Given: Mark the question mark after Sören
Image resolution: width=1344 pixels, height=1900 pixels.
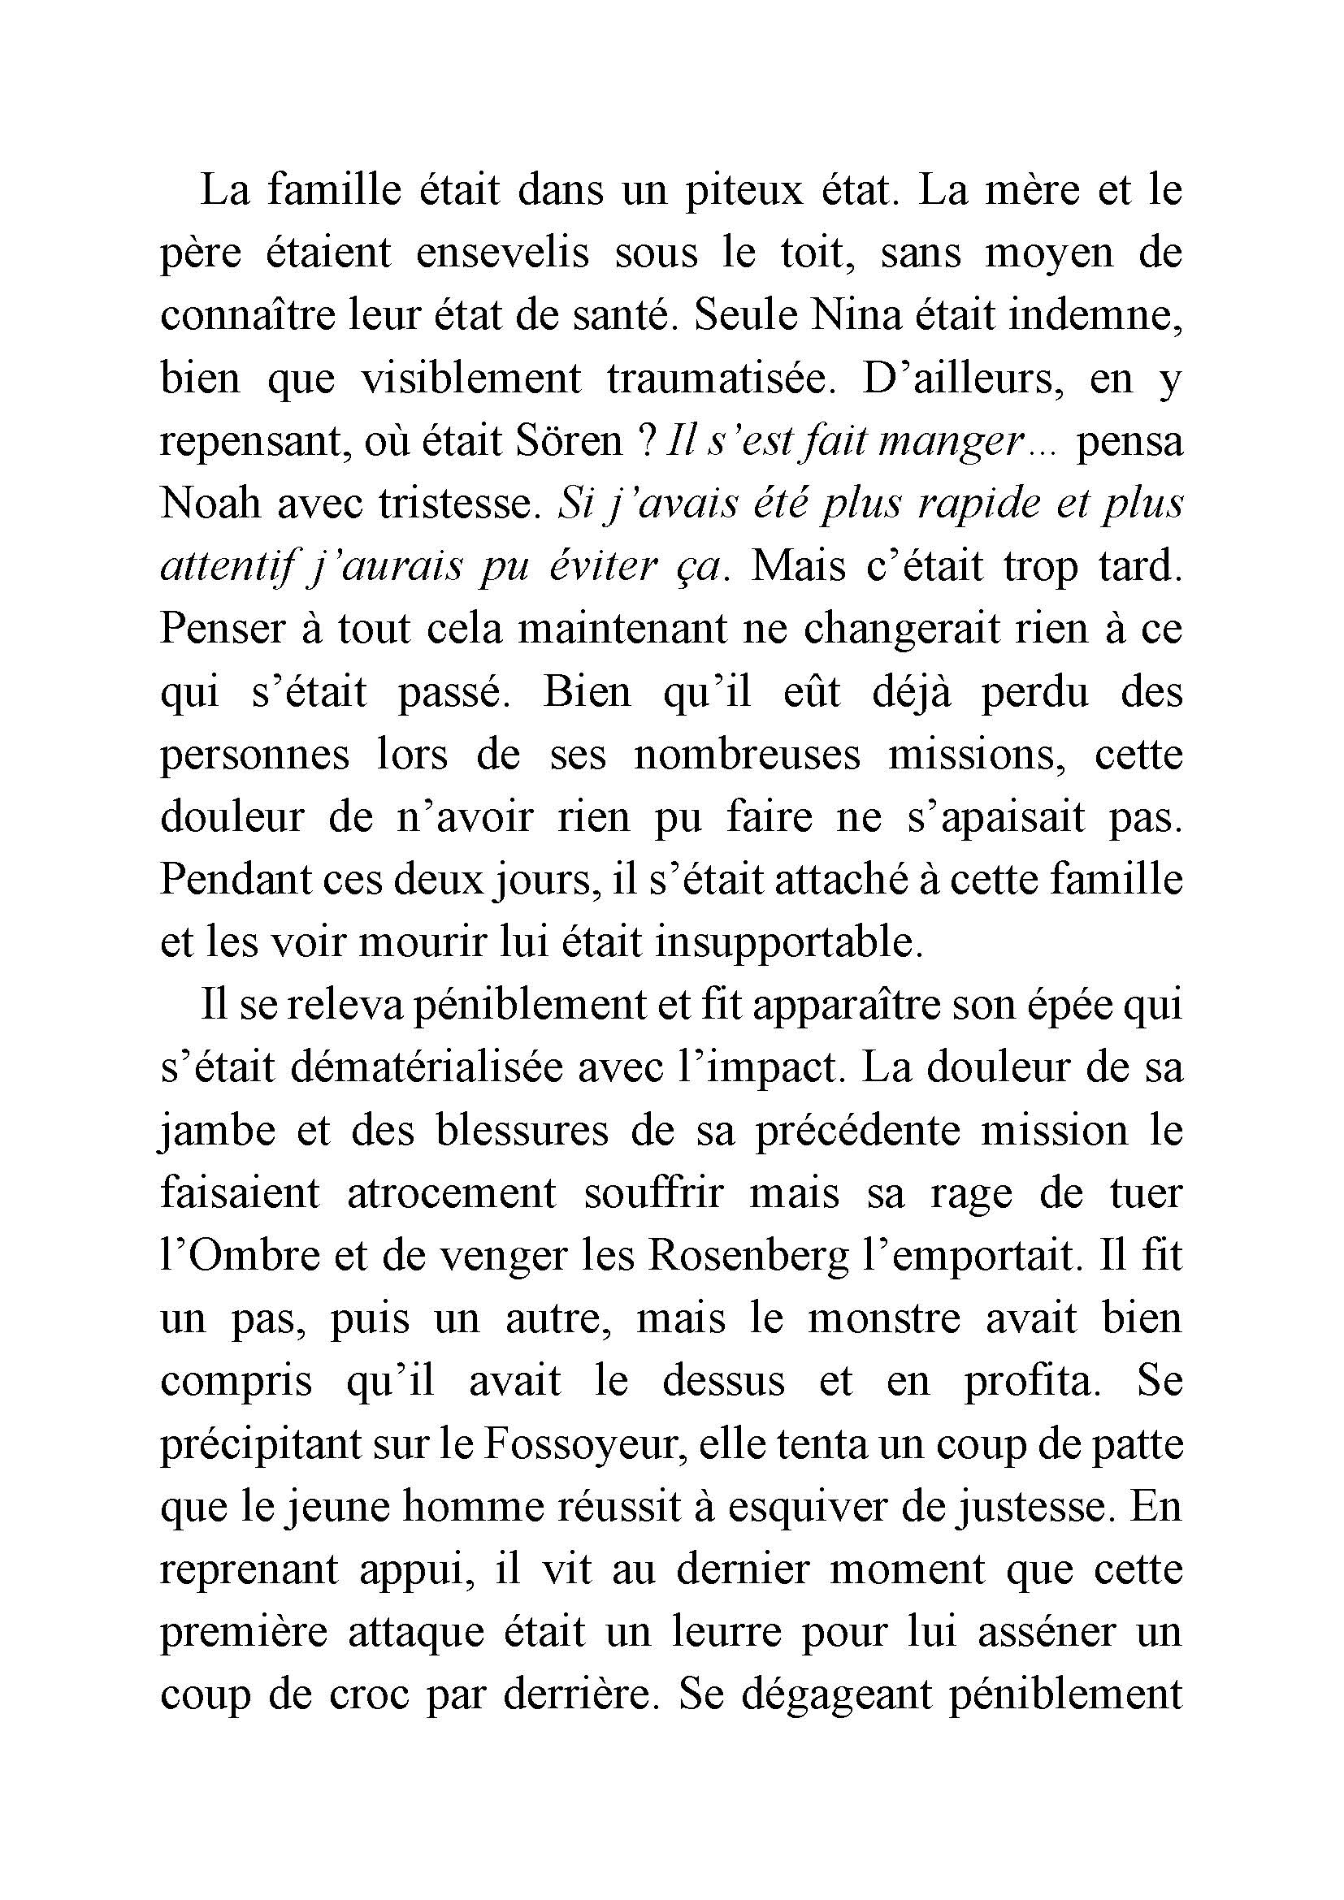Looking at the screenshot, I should tap(646, 441).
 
